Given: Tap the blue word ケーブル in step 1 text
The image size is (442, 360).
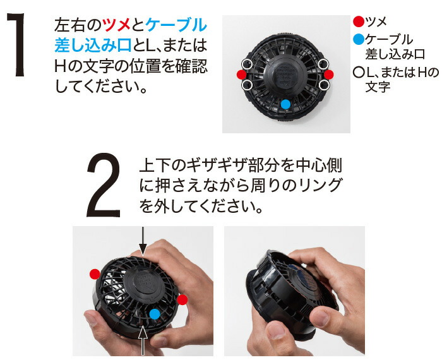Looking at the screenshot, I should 176,25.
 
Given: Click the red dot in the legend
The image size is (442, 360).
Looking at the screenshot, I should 359,21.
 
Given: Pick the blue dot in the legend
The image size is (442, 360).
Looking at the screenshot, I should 359,40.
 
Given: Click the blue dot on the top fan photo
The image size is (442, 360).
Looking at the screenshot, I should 285,104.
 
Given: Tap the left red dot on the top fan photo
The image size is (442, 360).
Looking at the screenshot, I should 241,75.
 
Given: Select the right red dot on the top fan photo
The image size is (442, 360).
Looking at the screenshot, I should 329,75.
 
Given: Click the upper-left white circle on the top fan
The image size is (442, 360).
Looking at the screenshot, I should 248,64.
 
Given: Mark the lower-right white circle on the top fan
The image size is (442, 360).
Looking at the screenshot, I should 324,85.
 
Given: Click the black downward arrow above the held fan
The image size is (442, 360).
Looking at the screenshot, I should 144,241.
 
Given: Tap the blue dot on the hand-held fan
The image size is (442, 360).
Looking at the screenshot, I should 155,314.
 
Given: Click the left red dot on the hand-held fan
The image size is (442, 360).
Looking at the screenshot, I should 94,273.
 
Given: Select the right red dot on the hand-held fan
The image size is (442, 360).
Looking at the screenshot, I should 182,299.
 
